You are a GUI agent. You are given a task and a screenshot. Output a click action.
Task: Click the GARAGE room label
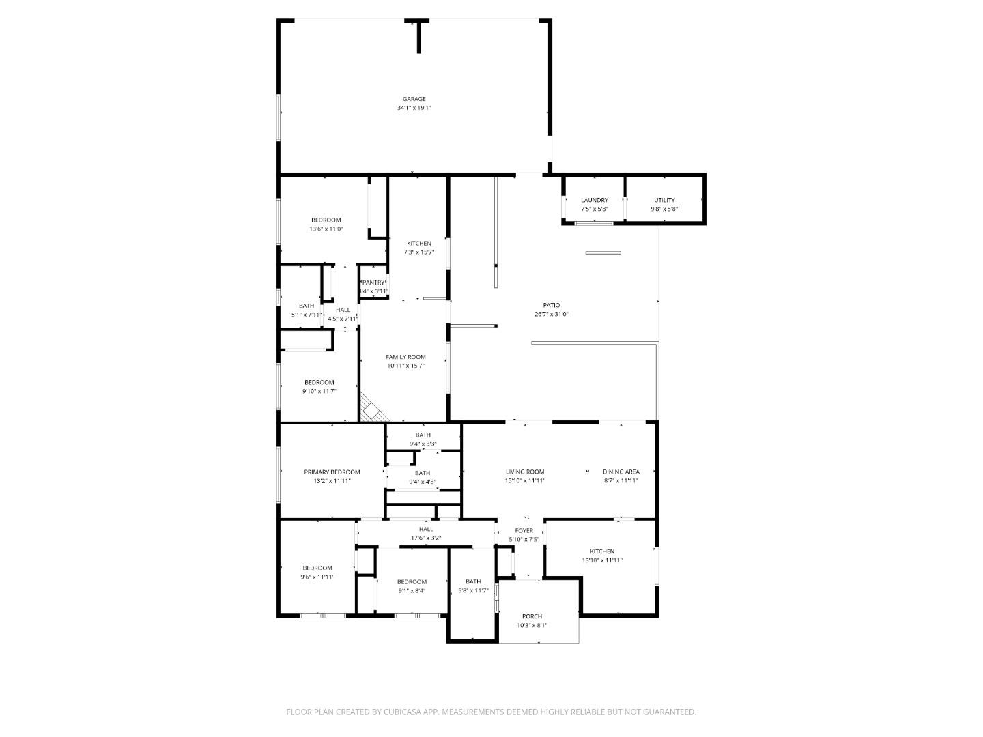point(414,99)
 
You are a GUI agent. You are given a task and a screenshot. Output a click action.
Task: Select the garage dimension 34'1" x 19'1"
point(414,108)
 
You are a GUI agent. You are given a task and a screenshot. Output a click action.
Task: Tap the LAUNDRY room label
point(594,200)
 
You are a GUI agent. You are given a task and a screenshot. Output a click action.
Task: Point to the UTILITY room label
point(664,200)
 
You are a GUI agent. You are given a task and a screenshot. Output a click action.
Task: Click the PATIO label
point(552,305)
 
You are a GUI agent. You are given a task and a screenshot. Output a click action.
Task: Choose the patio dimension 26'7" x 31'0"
point(552,315)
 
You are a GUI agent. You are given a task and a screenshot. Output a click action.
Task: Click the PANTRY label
point(373,283)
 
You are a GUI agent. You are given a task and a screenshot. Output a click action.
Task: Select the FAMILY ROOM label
point(405,357)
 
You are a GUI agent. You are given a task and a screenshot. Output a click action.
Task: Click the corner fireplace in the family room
point(372,409)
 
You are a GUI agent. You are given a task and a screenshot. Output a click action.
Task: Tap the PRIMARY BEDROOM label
point(332,472)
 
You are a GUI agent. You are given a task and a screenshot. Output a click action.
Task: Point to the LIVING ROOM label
point(525,472)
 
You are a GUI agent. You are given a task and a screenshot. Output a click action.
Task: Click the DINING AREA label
point(621,472)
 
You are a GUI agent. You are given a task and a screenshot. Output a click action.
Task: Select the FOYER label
point(524,530)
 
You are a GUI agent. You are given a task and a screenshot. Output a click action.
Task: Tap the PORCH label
point(532,616)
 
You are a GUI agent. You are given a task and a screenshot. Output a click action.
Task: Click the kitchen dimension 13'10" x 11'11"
point(602,560)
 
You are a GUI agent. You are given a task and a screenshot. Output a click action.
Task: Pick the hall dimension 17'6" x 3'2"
point(426,538)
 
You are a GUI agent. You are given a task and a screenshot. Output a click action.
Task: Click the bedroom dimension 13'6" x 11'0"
point(326,229)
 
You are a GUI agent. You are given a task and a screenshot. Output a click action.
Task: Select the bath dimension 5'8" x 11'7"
point(473,590)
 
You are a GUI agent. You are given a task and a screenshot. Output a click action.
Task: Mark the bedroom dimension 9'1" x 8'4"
point(412,591)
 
